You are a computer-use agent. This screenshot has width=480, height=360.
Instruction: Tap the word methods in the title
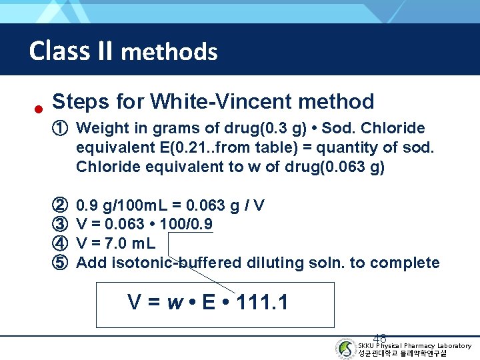point(169,51)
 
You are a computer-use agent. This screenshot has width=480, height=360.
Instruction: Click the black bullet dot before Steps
point(39,109)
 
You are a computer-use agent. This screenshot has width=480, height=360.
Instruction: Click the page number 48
point(380,338)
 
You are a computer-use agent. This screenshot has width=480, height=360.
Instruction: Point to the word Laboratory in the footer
point(454,345)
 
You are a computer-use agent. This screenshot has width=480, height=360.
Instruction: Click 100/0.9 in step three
point(187,224)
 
